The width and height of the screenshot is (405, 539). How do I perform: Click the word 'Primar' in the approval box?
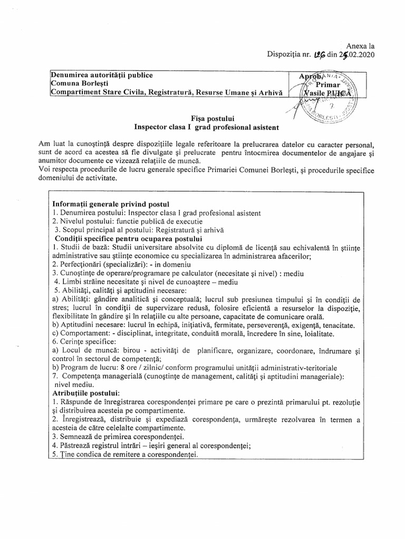click(331, 84)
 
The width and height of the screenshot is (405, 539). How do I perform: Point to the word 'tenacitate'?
click(336, 325)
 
